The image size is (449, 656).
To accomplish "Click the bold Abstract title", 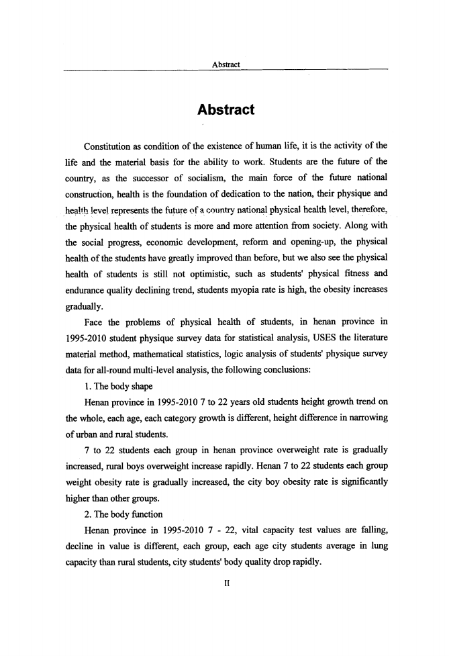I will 225,109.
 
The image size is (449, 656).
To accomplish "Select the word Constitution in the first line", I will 111,146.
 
